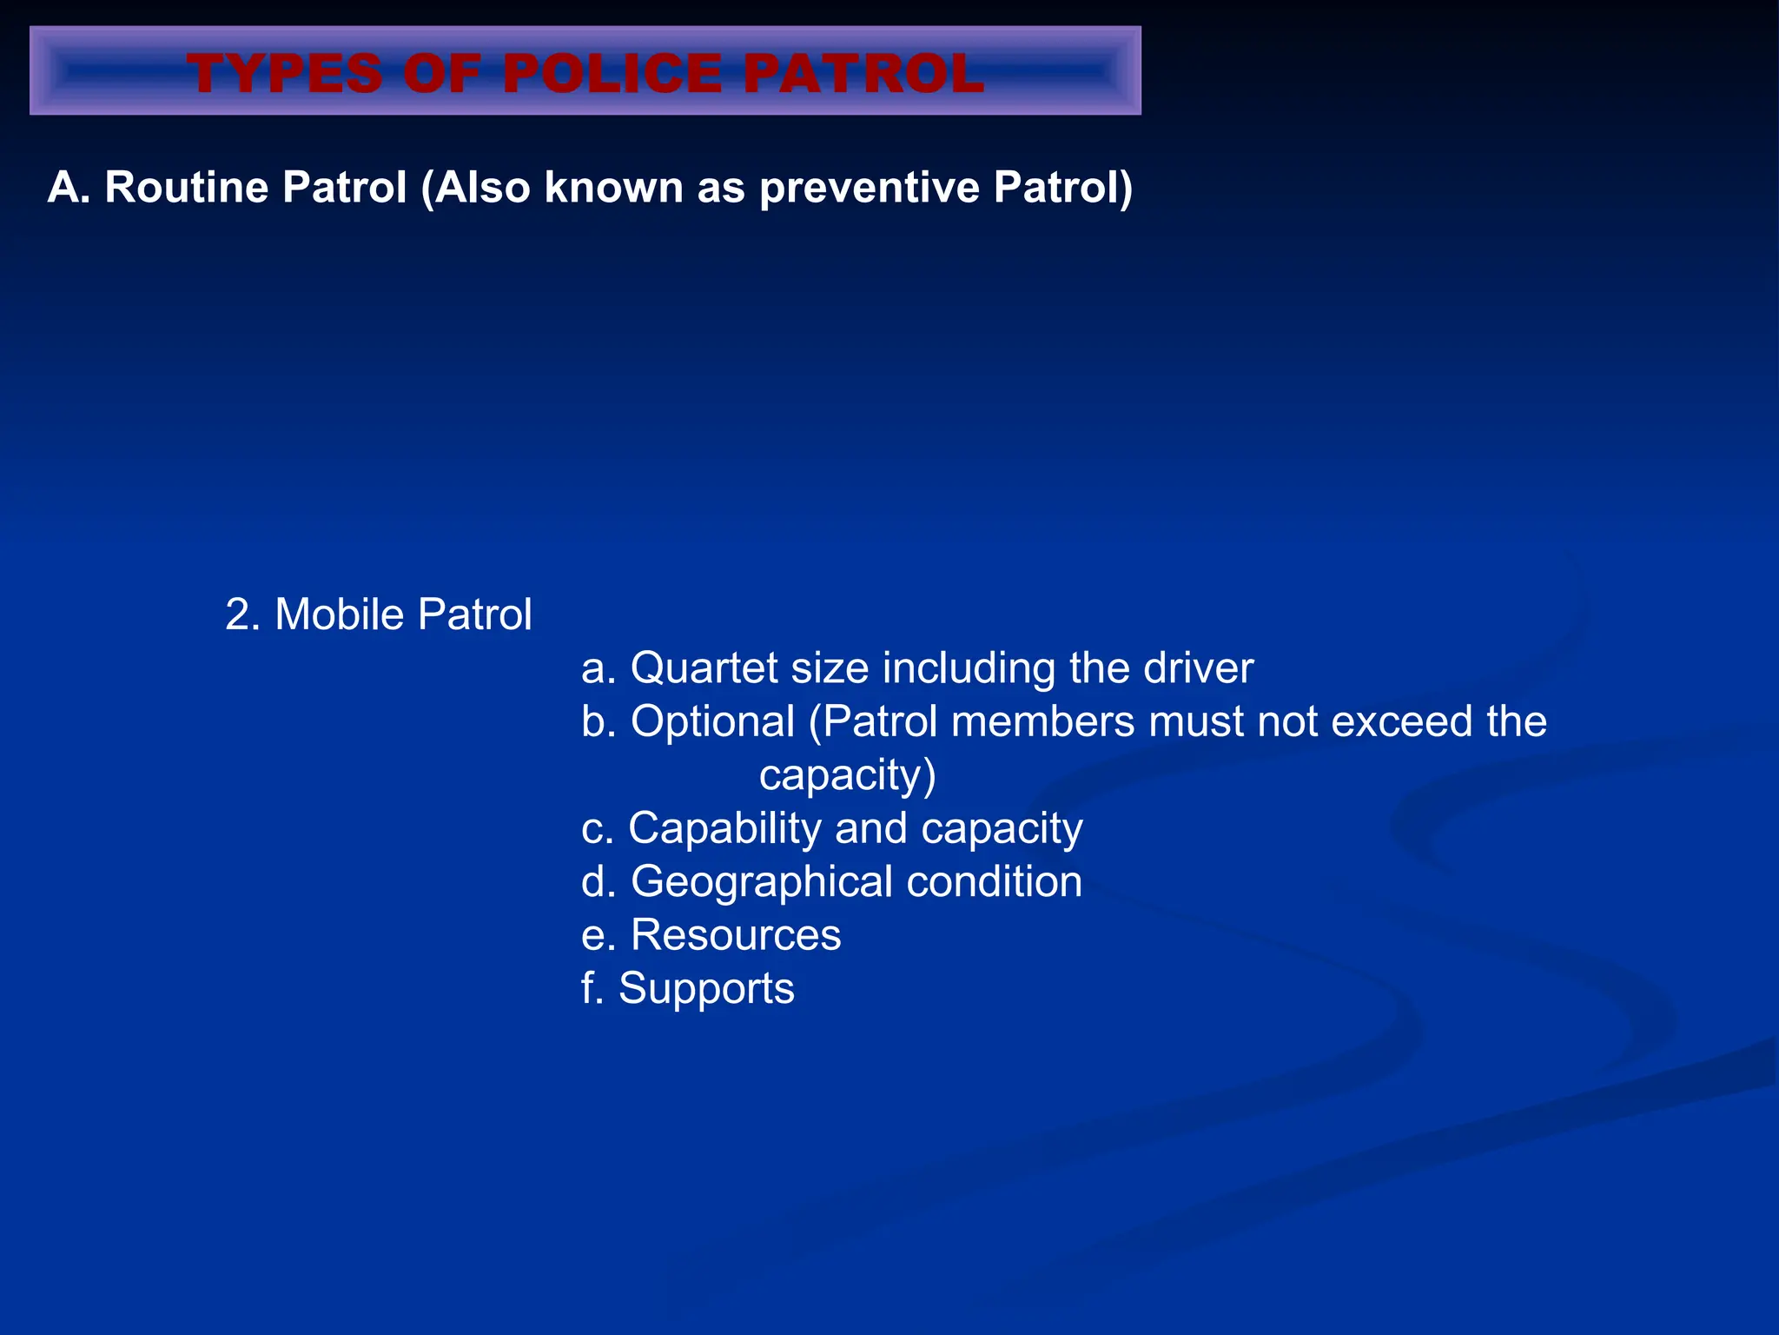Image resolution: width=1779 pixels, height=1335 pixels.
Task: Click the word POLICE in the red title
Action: [x=612, y=73]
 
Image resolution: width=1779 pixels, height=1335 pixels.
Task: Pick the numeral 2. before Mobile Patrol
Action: [x=242, y=614]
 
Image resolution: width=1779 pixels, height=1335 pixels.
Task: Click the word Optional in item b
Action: [x=712, y=721]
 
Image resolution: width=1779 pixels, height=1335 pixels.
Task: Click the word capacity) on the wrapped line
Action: [x=847, y=775]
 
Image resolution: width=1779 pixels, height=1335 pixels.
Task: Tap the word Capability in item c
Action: [x=724, y=828]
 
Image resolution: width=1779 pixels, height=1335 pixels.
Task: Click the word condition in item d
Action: [x=995, y=882]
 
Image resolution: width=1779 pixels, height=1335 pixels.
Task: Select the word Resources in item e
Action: [x=736, y=935]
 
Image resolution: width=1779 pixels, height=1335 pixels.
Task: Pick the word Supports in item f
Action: [x=706, y=989]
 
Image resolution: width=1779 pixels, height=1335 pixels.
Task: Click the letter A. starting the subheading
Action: [x=69, y=188]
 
